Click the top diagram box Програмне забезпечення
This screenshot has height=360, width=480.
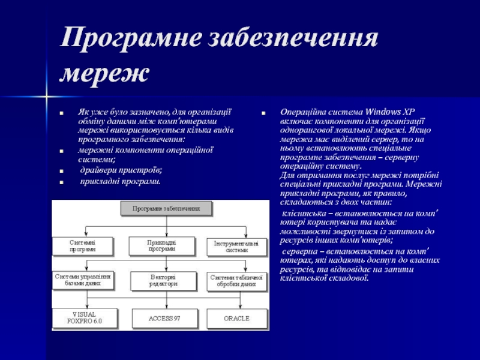tap(167, 209)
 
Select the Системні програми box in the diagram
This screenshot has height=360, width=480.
tap(83, 245)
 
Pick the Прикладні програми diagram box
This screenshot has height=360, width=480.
tap(161, 245)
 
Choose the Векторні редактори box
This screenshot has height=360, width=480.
tap(161, 280)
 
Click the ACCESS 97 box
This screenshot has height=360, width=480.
tap(164, 318)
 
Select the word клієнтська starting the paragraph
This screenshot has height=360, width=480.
tap(303, 213)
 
